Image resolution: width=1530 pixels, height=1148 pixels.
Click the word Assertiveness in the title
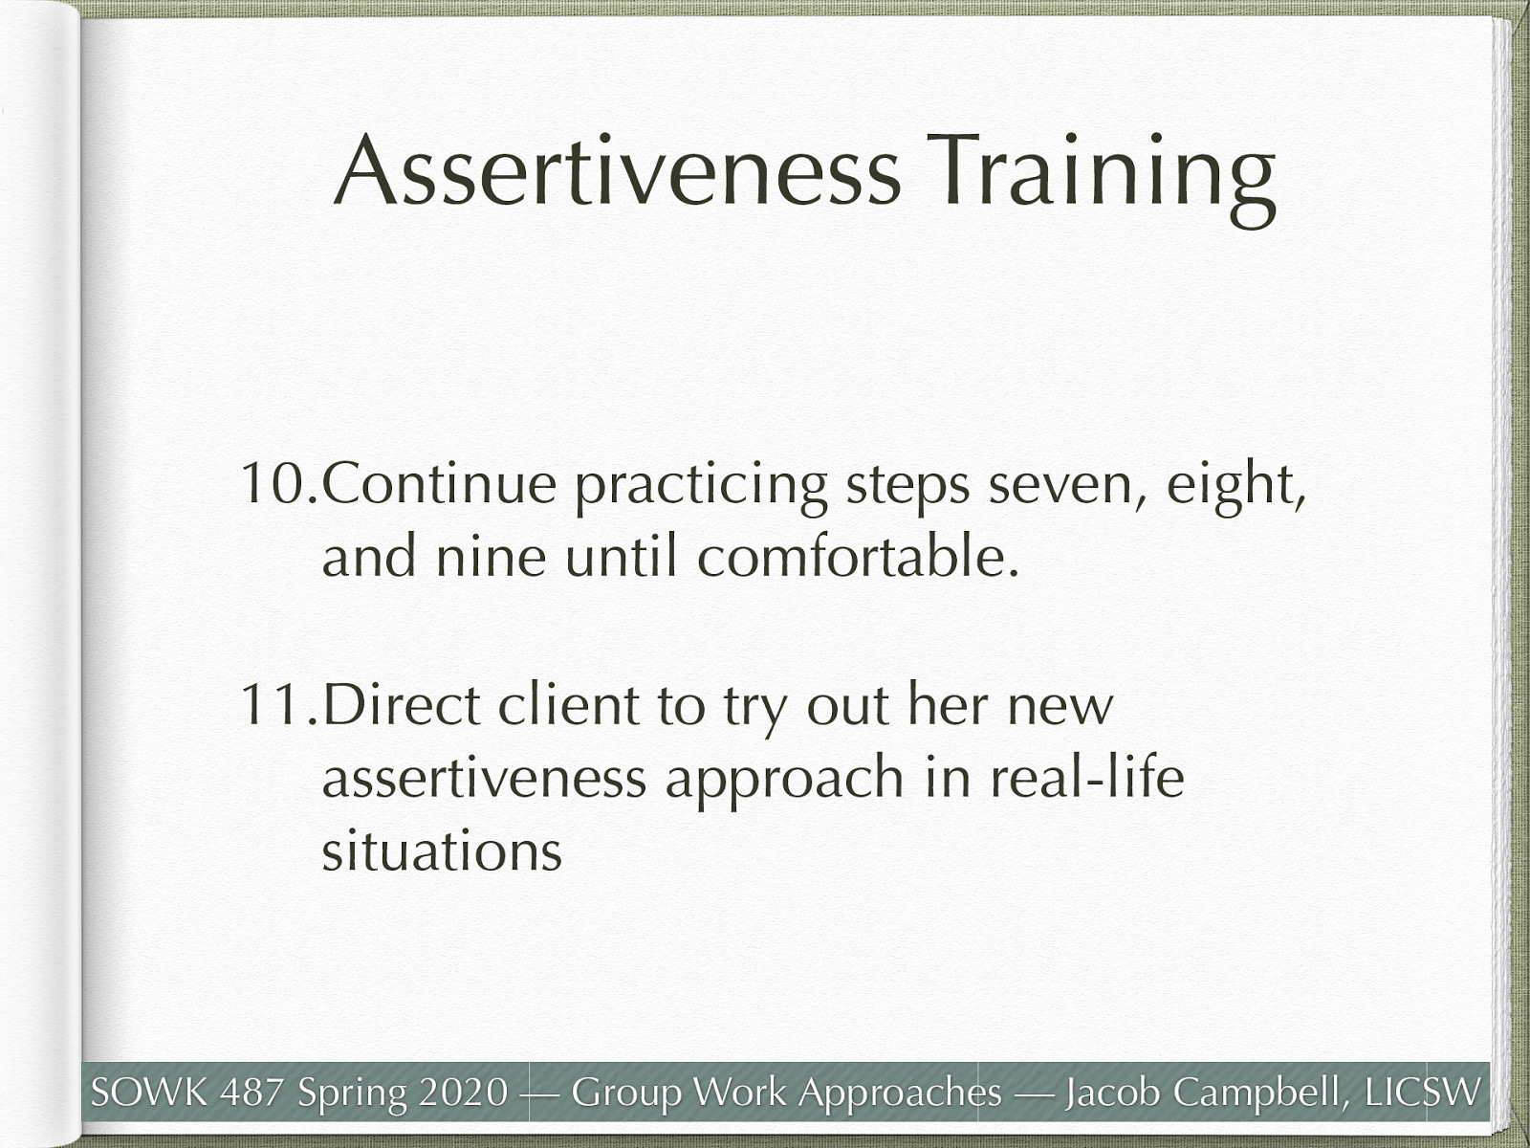pyautogui.click(x=617, y=172)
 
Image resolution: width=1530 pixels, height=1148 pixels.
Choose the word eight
pyautogui.click(x=1234, y=486)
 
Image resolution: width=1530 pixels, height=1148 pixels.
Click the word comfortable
pyautogui.click(x=857, y=556)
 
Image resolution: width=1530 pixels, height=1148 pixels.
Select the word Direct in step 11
pyautogui.click(x=402, y=705)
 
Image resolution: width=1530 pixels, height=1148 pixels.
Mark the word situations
pyautogui.click(x=441, y=850)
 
